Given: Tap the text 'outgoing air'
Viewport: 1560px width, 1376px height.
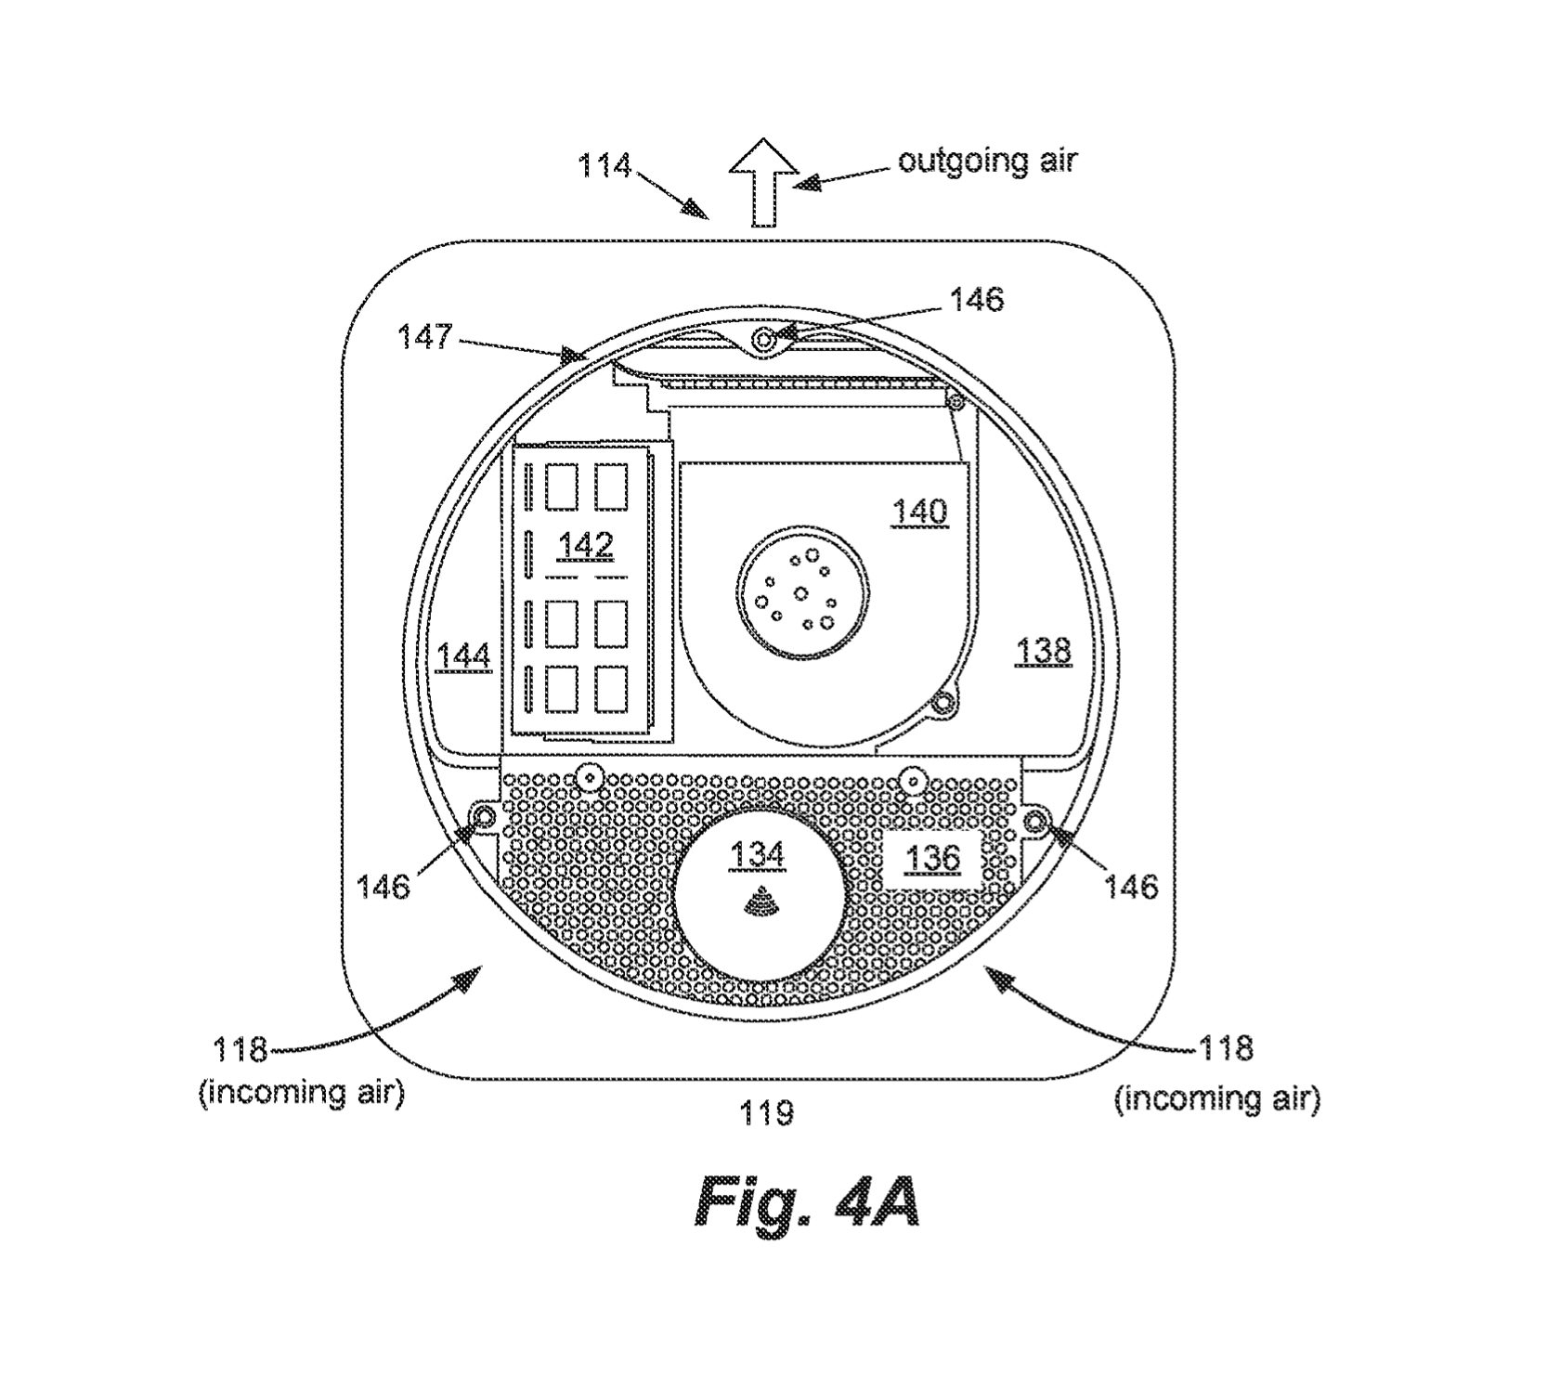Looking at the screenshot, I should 986,161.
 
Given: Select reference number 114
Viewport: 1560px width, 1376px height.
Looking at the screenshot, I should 604,167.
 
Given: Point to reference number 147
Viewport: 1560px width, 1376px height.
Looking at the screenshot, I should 426,336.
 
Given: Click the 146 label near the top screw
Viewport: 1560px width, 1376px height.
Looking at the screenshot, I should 976,299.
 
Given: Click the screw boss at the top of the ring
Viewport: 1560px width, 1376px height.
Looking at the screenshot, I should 764,341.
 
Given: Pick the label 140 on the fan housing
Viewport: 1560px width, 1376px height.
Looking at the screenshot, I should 919,512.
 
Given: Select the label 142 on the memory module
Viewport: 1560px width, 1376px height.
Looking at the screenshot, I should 586,545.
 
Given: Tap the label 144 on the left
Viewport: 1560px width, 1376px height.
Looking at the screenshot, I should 463,656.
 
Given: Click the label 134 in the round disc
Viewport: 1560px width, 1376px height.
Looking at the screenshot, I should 759,854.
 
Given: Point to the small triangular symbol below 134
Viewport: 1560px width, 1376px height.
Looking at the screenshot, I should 760,900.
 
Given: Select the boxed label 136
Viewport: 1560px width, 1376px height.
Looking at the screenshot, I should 932,859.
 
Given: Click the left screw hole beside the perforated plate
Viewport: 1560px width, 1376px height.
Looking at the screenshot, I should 485,816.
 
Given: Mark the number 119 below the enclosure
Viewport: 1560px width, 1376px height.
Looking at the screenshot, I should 766,1112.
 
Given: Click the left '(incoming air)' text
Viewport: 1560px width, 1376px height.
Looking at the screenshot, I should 302,1093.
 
